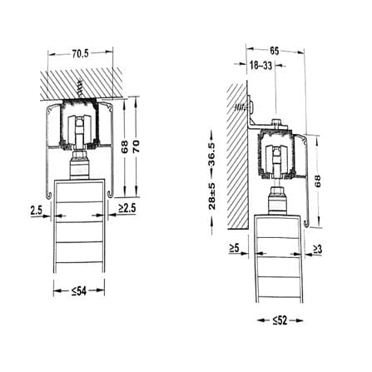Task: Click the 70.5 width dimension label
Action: click(80, 53)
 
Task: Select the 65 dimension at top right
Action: click(274, 51)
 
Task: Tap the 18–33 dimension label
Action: click(261, 66)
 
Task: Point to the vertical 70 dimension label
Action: click(136, 146)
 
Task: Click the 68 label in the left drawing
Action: click(125, 146)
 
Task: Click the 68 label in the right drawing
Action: click(317, 181)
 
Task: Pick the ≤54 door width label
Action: click(79, 291)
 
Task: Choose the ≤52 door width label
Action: click(280, 320)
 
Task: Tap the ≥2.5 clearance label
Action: click(127, 208)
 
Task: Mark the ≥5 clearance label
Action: click(234, 248)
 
